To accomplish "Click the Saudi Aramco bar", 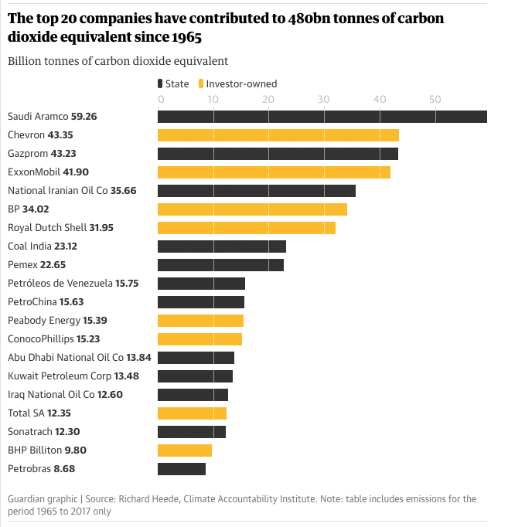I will point(322,117).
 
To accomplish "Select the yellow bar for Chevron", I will point(278,135).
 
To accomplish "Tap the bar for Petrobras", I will point(182,468).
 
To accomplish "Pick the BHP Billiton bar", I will point(185,450).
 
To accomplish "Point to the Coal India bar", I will point(222,246).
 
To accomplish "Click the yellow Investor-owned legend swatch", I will point(202,83).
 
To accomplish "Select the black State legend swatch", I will point(159,83).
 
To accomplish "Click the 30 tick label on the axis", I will point(323,99).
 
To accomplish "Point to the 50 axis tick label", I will point(435,99).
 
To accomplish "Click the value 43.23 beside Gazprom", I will point(85,154).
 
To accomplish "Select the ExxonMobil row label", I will point(36,172).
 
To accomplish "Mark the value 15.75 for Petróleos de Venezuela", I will point(127,284).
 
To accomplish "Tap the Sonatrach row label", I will point(30,431).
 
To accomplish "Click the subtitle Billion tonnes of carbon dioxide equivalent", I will point(118,61).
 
